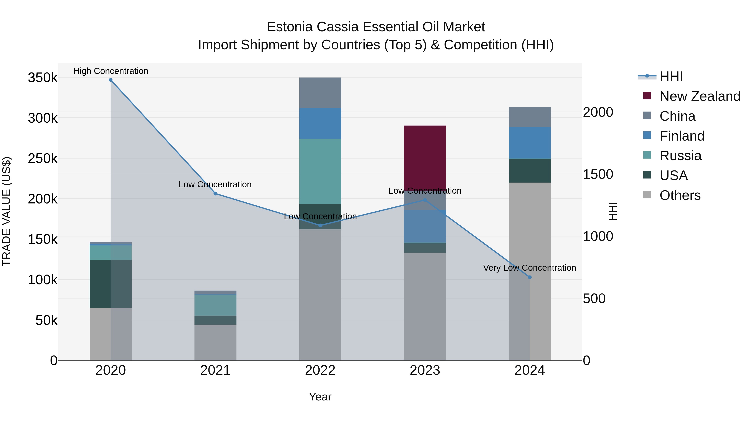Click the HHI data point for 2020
[x=111, y=80]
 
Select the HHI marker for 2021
[x=215, y=194]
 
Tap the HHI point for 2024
[x=530, y=277]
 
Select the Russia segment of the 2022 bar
[x=320, y=171]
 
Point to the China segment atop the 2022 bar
[x=320, y=93]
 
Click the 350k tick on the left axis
[x=43, y=78]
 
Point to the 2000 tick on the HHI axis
[x=598, y=112]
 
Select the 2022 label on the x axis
[x=320, y=370]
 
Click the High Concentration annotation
[x=111, y=71]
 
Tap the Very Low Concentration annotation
[x=530, y=268]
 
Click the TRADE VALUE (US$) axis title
[x=6, y=211]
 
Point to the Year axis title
[x=320, y=397]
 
